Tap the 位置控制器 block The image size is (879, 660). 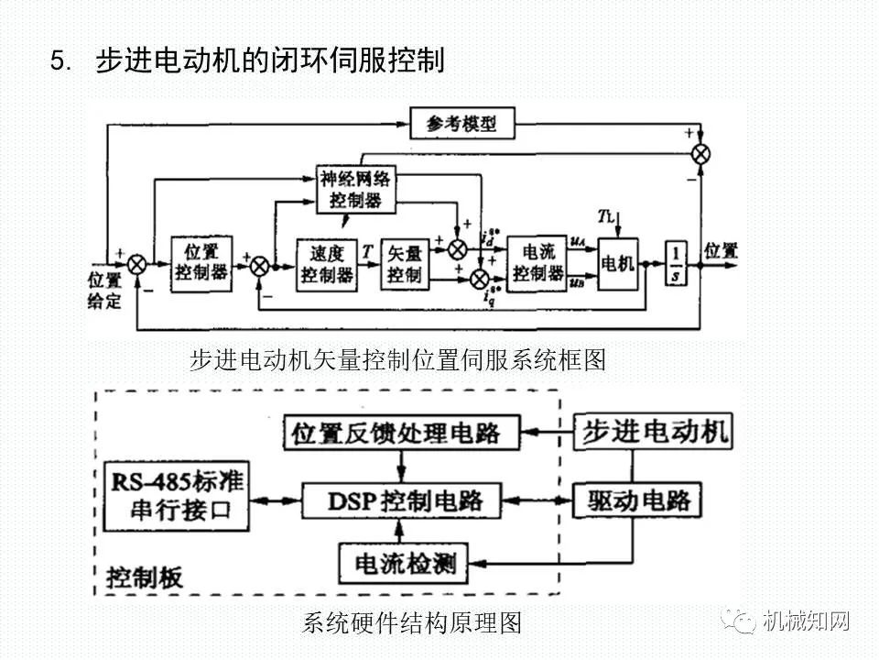click(x=201, y=263)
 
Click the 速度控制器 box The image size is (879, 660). click(x=326, y=264)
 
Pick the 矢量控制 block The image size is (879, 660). click(x=404, y=264)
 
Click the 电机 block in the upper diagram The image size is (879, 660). click(x=617, y=264)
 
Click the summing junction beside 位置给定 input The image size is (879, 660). click(x=136, y=264)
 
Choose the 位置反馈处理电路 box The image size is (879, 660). click(x=396, y=432)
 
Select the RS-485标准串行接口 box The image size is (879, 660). click(x=178, y=496)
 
